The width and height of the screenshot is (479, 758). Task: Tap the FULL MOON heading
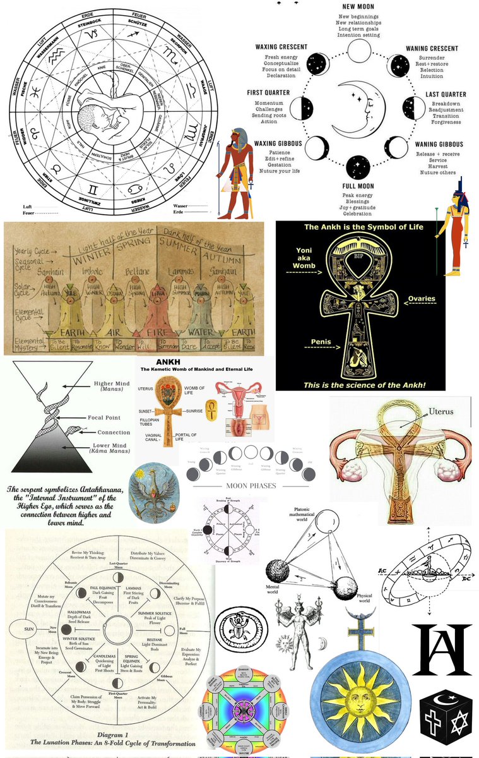pyautogui.click(x=358, y=186)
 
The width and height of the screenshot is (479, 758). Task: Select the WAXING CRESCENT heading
pyautogui.click(x=281, y=47)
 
